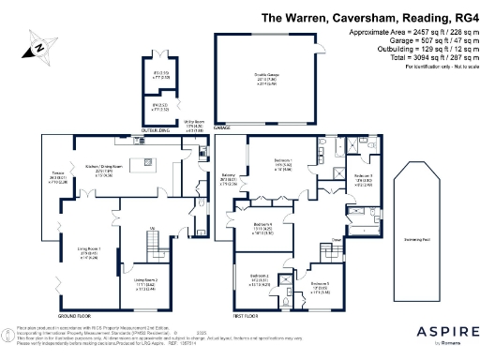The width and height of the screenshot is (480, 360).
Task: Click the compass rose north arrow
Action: click(x=38, y=43)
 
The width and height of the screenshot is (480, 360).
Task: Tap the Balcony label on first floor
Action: click(x=228, y=175)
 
